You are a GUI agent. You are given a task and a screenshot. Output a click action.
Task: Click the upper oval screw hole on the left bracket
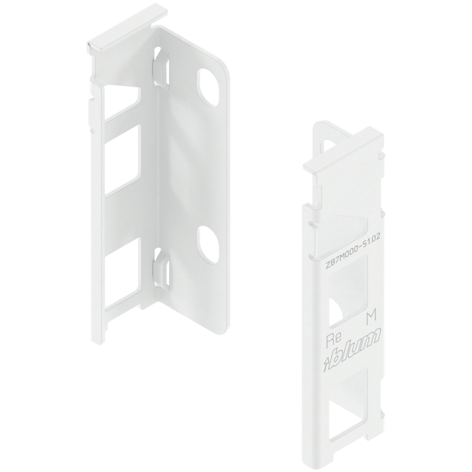(x=208, y=85)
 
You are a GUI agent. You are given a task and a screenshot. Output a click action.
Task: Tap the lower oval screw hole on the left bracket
(x=209, y=240)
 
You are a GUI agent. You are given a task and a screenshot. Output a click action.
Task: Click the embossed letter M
(x=371, y=317)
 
